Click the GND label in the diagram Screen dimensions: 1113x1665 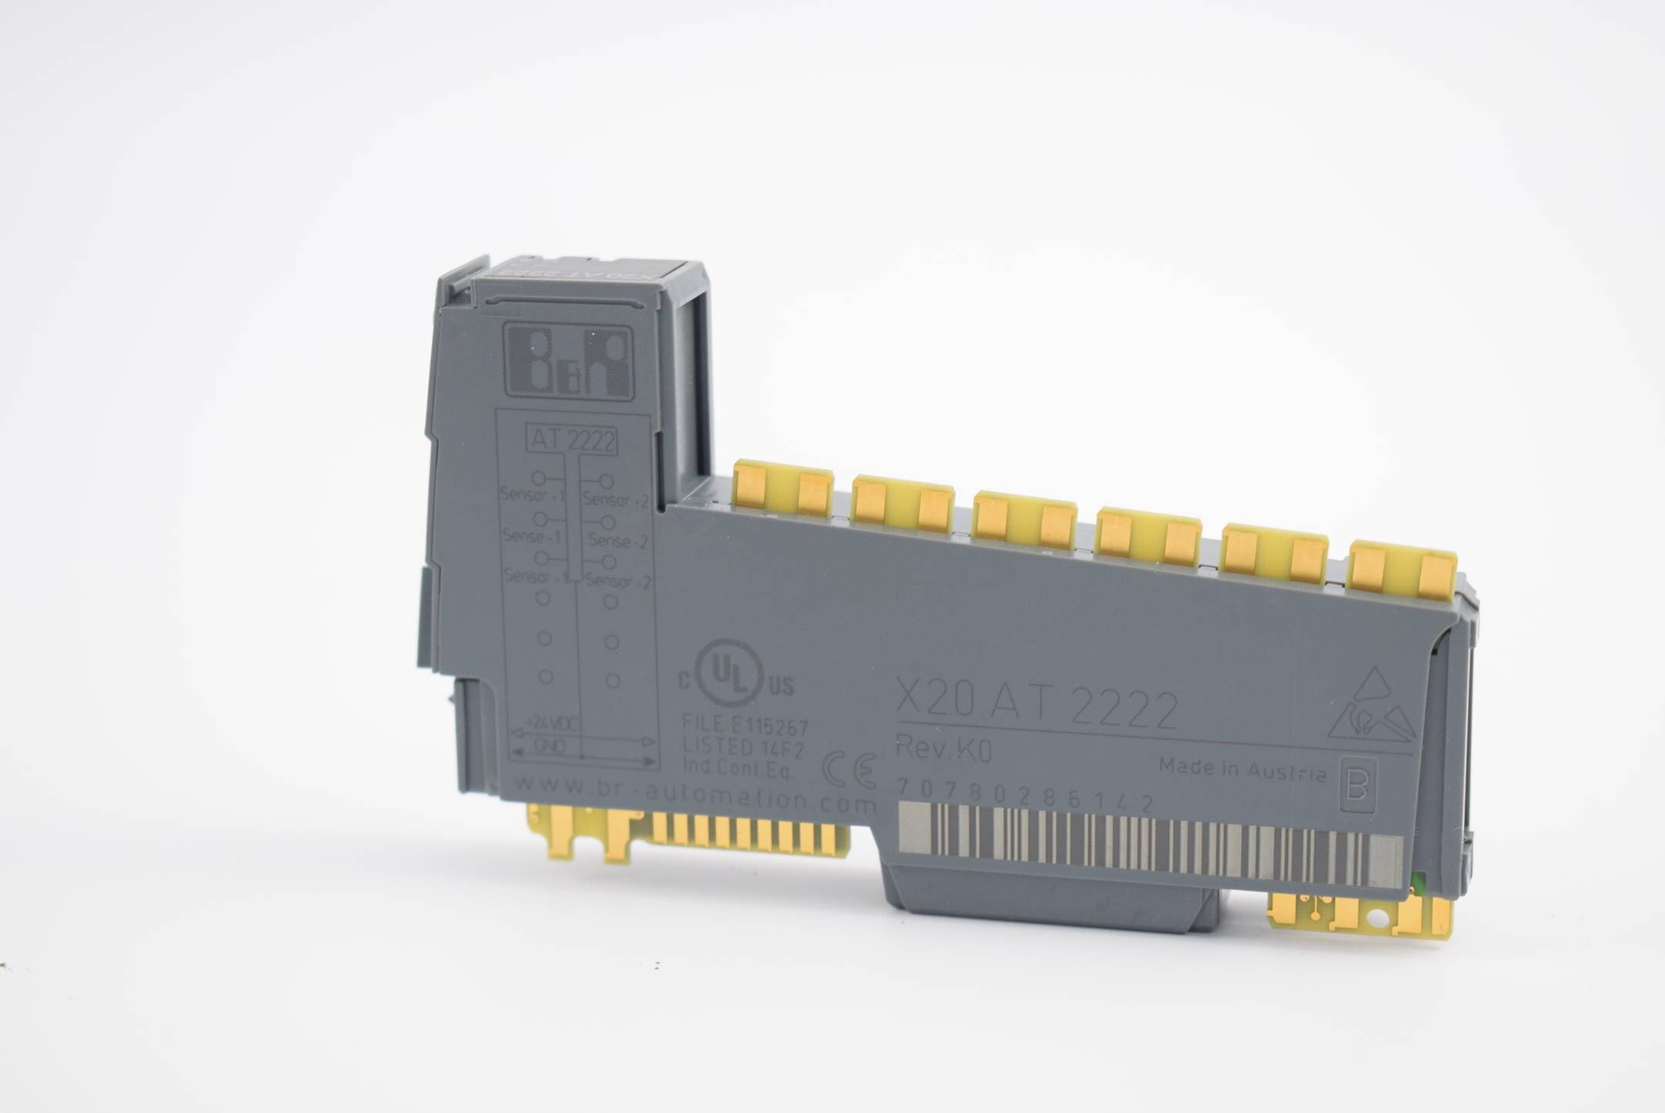tap(544, 745)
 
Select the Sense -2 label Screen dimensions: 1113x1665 tap(617, 542)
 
